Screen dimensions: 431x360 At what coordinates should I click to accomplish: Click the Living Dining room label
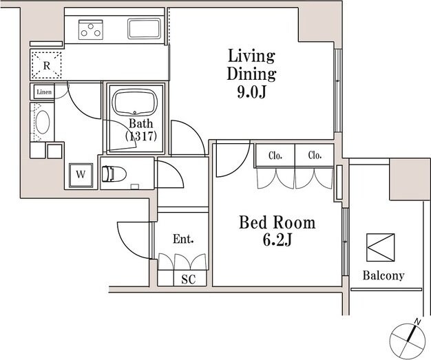point(251,65)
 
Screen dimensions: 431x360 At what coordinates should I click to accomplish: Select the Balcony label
point(383,275)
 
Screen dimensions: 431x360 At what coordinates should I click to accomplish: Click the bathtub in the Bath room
point(135,103)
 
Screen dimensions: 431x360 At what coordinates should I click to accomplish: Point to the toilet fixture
point(114,174)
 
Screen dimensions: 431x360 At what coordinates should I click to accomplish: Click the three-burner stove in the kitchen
point(91,30)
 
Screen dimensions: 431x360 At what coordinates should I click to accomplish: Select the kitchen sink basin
point(144,29)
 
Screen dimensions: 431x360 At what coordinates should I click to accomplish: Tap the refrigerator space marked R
point(46,65)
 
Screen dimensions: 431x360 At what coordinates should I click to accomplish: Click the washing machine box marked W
point(81,175)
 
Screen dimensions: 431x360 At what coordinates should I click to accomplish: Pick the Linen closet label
point(44,92)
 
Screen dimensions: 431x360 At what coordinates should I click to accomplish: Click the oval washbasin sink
point(43,122)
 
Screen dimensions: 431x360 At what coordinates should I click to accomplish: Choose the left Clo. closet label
point(275,156)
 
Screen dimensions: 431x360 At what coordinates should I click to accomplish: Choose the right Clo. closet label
point(315,156)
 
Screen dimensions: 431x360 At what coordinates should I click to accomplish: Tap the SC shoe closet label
point(189,279)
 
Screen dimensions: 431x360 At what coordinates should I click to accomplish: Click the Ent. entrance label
point(183,239)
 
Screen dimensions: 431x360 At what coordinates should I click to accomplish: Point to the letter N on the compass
point(417,321)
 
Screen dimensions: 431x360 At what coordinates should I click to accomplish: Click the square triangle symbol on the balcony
point(381,247)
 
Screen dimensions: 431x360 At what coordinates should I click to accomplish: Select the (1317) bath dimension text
point(141,136)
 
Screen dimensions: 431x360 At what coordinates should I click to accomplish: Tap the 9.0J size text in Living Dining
point(251,92)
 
